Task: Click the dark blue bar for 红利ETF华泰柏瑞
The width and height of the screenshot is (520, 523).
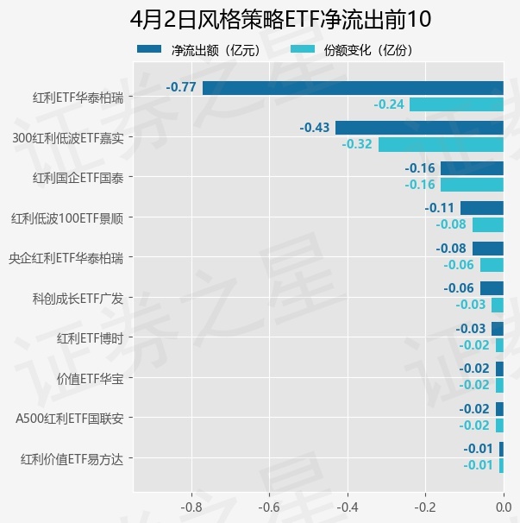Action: pyautogui.click(x=353, y=87)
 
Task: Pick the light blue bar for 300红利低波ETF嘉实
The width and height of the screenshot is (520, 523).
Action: pyautogui.click(x=441, y=144)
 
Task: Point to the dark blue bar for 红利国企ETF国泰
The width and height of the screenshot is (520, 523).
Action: pyautogui.click(x=472, y=168)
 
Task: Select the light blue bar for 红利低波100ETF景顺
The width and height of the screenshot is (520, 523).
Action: pyautogui.click(x=487, y=224)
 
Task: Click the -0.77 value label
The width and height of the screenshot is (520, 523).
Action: pyautogui.click(x=181, y=87)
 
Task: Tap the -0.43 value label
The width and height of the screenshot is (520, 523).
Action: pyautogui.click(x=315, y=128)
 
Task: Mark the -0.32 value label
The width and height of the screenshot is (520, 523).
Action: pyautogui.click(x=357, y=144)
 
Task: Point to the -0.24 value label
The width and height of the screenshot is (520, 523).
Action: pyautogui.click(x=389, y=104)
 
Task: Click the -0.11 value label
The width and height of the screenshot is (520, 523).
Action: pyautogui.click(x=440, y=208)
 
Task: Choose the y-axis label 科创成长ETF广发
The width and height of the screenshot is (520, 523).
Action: pyautogui.click(x=77, y=298)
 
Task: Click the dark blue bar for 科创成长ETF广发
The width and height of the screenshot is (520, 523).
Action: pyautogui.click(x=492, y=288)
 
